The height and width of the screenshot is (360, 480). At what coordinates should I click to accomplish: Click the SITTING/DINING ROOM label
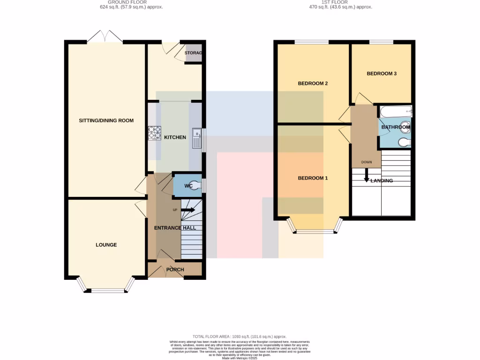[x=106, y=120]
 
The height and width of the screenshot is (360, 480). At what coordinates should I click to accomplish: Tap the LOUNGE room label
[x=106, y=245]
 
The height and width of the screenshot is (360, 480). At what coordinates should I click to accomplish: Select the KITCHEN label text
[x=175, y=137]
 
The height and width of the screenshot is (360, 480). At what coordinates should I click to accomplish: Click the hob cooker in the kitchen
[x=155, y=133]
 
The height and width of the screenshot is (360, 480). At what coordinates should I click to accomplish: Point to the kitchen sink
[x=196, y=138]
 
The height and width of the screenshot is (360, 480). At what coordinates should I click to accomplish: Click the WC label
[x=188, y=186]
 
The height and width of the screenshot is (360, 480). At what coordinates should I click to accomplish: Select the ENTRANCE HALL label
[x=175, y=228]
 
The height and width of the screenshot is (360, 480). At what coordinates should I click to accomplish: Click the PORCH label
[x=175, y=270]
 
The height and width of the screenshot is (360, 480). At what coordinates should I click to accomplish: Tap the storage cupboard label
[x=193, y=53]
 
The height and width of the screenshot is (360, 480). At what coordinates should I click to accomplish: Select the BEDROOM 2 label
[x=313, y=83]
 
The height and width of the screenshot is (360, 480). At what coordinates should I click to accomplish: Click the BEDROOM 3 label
[x=382, y=74]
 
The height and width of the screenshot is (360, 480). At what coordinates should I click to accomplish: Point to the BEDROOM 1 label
[x=313, y=178]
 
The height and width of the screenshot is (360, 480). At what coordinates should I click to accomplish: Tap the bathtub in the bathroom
[x=396, y=112]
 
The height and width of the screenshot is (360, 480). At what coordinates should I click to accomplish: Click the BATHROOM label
[x=395, y=127]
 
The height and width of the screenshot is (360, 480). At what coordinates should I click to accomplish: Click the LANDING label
[x=382, y=180]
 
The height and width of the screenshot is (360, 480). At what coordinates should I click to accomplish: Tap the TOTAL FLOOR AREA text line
[x=240, y=337]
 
